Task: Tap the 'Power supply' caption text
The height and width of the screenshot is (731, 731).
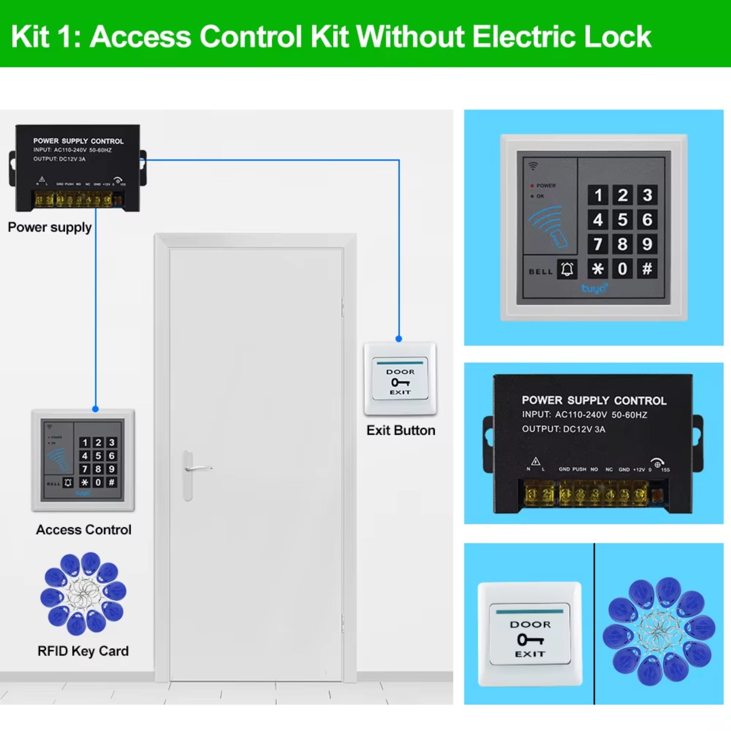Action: tap(50, 228)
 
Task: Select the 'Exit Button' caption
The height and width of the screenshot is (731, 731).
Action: tap(401, 430)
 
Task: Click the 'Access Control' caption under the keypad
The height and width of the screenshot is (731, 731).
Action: tap(83, 530)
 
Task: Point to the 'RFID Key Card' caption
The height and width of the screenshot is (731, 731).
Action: tap(83, 651)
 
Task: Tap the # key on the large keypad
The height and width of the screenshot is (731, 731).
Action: tap(647, 269)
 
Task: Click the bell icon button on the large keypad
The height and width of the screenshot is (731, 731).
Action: tap(567, 269)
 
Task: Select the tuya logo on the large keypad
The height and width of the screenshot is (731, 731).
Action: tap(594, 289)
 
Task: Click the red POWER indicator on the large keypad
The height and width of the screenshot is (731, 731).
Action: tap(532, 186)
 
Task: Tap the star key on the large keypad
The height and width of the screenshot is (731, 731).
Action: tap(597, 269)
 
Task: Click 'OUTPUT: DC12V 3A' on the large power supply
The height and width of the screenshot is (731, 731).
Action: tap(563, 429)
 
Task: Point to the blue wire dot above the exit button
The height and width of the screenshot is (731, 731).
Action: tap(399, 339)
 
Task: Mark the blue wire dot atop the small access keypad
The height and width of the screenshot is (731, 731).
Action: tap(96, 409)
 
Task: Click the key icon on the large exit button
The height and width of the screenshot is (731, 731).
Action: tap(530, 639)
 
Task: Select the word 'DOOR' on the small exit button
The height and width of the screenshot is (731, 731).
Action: tap(400, 372)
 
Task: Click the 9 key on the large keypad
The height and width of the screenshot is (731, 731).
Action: tap(647, 244)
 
